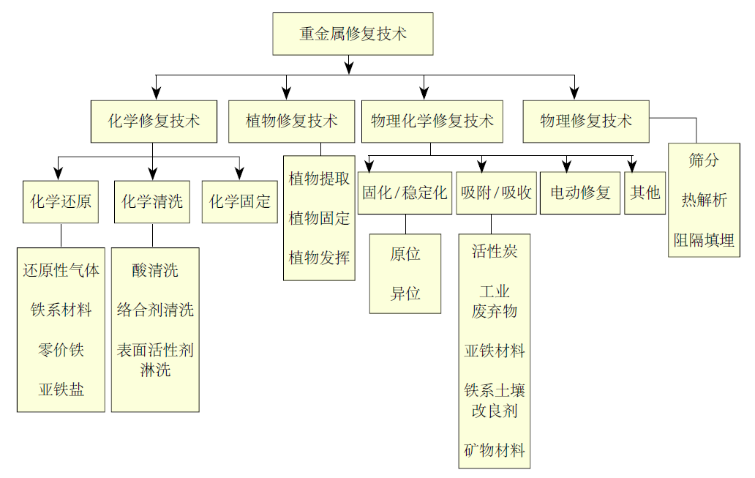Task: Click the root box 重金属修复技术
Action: [x=353, y=34]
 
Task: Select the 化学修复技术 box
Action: [x=154, y=121]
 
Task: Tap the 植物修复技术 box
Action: [x=291, y=121]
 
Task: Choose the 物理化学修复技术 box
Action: [x=432, y=121]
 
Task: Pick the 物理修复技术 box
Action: [x=586, y=121]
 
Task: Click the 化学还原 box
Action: [x=61, y=201]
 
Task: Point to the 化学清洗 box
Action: [x=152, y=201]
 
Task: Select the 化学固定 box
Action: [x=240, y=201]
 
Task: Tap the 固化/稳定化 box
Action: [x=405, y=193]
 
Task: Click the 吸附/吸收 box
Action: [x=496, y=193]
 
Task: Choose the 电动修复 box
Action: [x=580, y=193]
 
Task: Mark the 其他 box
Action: [x=645, y=193]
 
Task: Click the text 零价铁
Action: [x=61, y=350]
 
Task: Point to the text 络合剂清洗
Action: [x=155, y=310]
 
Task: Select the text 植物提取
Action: [x=319, y=179]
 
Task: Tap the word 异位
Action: [x=405, y=294]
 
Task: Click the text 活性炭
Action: [x=495, y=252]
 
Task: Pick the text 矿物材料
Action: [x=495, y=450]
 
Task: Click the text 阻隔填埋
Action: [x=704, y=239]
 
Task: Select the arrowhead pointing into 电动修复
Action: [x=566, y=165]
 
